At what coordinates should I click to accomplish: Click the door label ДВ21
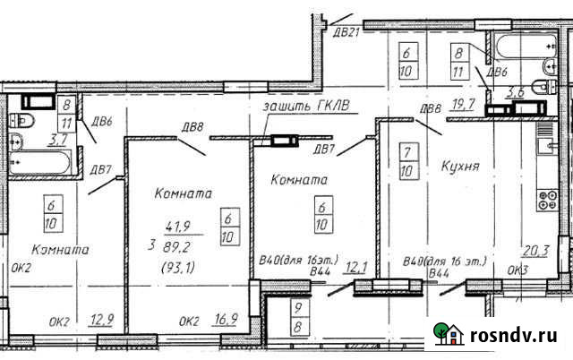point(346,34)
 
